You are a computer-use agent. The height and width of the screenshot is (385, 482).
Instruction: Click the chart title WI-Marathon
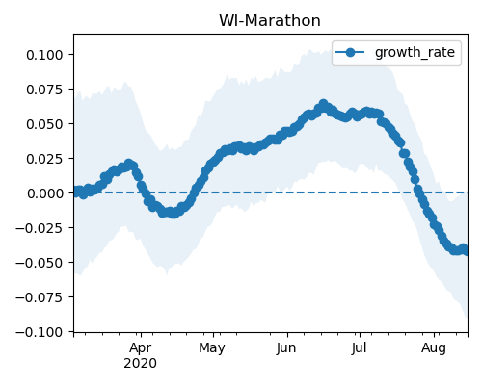(x=270, y=21)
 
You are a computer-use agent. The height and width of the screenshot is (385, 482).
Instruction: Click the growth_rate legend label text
(x=415, y=53)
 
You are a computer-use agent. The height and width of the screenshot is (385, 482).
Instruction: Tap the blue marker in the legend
(x=350, y=52)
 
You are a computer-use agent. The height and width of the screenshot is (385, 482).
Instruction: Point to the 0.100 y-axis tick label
(x=44, y=55)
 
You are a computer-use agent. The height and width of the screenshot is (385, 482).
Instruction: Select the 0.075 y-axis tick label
(x=44, y=90)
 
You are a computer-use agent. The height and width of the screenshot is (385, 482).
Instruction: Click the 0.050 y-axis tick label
(x=44, y=124)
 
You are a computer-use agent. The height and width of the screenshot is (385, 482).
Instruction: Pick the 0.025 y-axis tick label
(x=44, y=159)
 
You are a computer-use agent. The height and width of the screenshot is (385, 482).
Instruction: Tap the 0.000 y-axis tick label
(x=44, y=193)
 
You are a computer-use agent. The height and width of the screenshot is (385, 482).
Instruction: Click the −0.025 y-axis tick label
(x=40, y=228)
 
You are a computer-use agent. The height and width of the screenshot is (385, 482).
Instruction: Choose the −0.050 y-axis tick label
(x=40, y=263)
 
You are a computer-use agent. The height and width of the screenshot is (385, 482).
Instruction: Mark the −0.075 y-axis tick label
(x=40, y=297)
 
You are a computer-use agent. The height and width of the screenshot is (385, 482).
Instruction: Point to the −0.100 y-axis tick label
(x=40, y=332)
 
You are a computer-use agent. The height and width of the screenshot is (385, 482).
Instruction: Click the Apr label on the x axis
(x=141, y=348)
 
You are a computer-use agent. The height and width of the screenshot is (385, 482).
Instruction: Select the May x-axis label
(x=212, y=348)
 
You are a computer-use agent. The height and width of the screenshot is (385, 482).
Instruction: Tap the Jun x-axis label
(x=286, y=348)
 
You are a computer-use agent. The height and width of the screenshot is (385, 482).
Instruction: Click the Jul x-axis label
(x=359, y=348)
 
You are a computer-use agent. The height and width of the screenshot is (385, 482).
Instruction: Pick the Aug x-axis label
(x=434, y=348)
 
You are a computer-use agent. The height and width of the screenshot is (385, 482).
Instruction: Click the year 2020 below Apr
(x=141, y=364)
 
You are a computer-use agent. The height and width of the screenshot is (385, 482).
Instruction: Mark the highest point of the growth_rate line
(x=323, y=104)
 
